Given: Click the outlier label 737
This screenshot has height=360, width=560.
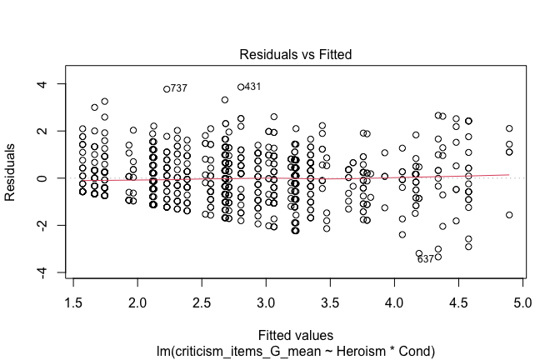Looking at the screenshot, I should tap(178, 88).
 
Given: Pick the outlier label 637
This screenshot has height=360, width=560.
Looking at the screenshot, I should tap(426, 259).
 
